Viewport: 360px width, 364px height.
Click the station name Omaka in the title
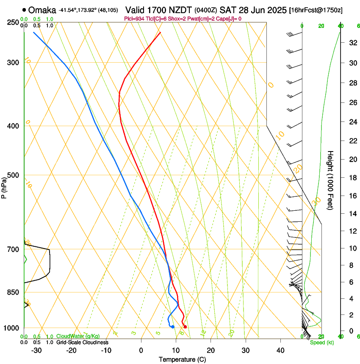42,10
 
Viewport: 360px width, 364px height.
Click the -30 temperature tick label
36,350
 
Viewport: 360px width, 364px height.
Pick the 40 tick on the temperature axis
280,350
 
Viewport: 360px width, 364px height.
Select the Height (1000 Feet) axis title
330,180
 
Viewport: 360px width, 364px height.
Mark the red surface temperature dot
185,327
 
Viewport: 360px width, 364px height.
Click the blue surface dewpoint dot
172,327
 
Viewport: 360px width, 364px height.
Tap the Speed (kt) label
321,342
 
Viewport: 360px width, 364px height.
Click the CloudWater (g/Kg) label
78,336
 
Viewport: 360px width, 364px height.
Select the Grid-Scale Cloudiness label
82,342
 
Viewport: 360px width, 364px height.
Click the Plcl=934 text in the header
135,19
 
